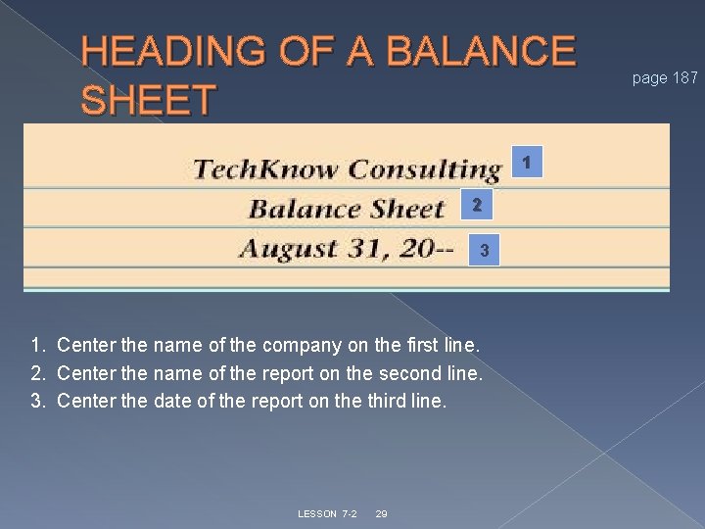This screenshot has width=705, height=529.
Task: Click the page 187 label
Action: tap(665, 77)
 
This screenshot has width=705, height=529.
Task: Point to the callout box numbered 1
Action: tap(527, 162)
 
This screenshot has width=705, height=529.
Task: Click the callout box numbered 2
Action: tap(476, 206)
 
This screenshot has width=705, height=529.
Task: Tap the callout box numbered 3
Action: tap(484, 253)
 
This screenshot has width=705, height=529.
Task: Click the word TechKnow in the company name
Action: tap(266, 169)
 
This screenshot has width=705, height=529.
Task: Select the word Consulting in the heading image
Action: tap(424, 169)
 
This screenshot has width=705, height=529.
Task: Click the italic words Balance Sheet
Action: tap(347, 209)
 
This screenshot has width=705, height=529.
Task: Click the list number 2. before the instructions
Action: tap(38, 373)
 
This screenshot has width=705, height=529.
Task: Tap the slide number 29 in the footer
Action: tap(382, 514)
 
